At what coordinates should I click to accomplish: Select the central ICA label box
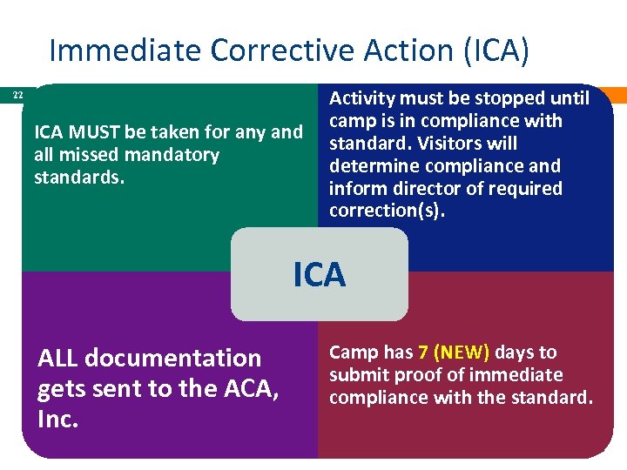tap(320, 275)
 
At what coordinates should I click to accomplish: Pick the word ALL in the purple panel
tap(58, 358)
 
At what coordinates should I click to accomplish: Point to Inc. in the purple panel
tap(58, 420)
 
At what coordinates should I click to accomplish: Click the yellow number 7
tap(423, 352)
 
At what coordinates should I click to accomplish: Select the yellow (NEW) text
tap(462, 352)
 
